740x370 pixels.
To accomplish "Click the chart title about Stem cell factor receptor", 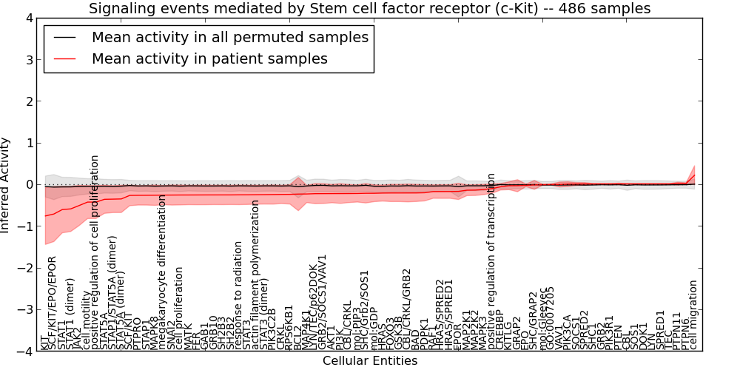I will pos(369,8).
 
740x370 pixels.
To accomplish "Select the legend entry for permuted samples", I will pos(229,37).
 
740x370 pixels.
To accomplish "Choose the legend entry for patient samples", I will pos(209,58).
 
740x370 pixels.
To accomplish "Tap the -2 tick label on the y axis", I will pos(26,269).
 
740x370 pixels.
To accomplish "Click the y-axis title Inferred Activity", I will pos(6,185).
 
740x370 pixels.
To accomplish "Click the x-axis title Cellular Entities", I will pos(369,361).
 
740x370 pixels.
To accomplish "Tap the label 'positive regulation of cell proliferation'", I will pos(95,252).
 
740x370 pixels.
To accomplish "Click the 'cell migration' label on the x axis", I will pos(693,314).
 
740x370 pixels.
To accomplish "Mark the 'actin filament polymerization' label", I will pos(256,284).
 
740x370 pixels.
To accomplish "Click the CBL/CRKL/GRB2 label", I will pos(407,303).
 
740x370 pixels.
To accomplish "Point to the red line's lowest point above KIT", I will pos(45,215).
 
